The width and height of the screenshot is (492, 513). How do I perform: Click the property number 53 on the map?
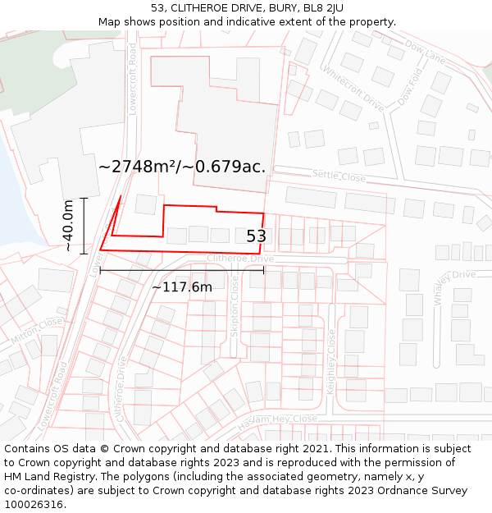click(257, 236)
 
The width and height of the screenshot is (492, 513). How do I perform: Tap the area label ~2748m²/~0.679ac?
click(182, 167)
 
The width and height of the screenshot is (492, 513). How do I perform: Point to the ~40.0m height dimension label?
click(69, 225)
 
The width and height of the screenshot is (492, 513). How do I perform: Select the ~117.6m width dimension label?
click(182, 286)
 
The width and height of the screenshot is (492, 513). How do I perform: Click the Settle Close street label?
click(339, 176)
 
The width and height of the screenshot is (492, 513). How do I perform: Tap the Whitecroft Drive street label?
click(353, 89)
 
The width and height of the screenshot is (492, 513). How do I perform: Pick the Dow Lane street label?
click(425, 54)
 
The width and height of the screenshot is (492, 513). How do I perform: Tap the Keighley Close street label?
click(331, 362)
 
